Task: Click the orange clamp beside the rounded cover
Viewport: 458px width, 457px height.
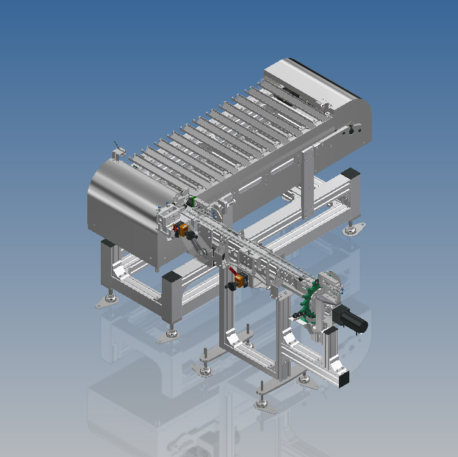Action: click(x=182, y=230)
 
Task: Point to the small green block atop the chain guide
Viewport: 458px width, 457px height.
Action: click(x=191, y=201)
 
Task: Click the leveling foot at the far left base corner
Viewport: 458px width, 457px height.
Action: click(x=111, y=299)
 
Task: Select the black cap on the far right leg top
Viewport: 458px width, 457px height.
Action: click(x=351, y=173)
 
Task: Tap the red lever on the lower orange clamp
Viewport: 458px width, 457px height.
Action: click(x=233, y=271)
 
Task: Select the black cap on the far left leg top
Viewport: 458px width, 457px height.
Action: click(x=107, y=243)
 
